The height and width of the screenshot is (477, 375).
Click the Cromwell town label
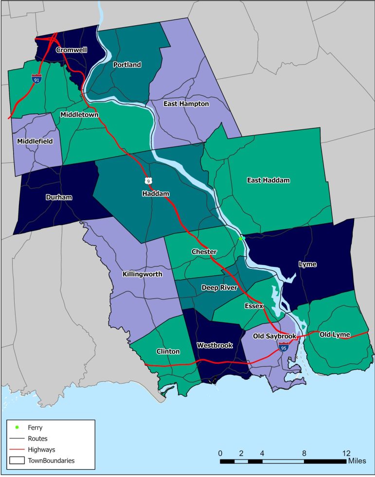[x=71, y=50]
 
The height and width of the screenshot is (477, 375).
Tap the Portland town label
[x=127, y=65]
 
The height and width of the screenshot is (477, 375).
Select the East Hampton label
[x=186, y=104]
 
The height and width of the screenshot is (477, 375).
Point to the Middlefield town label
[x=35, y=141]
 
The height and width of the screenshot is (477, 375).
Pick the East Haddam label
[x=268, y=180]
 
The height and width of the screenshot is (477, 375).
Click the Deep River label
[x=219, y=288]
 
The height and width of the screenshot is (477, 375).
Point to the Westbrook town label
[x=215, y=345]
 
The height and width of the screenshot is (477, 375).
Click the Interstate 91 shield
[x=36, y=79]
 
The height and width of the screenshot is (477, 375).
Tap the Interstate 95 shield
[x=284, y=347]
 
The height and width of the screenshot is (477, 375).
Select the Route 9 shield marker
[x=147, y=181]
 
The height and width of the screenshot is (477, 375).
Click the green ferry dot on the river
[x=240, y=239]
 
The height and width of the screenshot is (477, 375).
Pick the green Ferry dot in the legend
[x=17, y=427]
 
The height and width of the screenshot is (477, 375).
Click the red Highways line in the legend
[x=17, y=449]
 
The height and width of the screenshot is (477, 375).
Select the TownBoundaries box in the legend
[x=18, y=459]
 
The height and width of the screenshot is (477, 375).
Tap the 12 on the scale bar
[x=346, y=453]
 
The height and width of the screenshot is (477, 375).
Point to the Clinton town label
[x=168, y=352]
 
